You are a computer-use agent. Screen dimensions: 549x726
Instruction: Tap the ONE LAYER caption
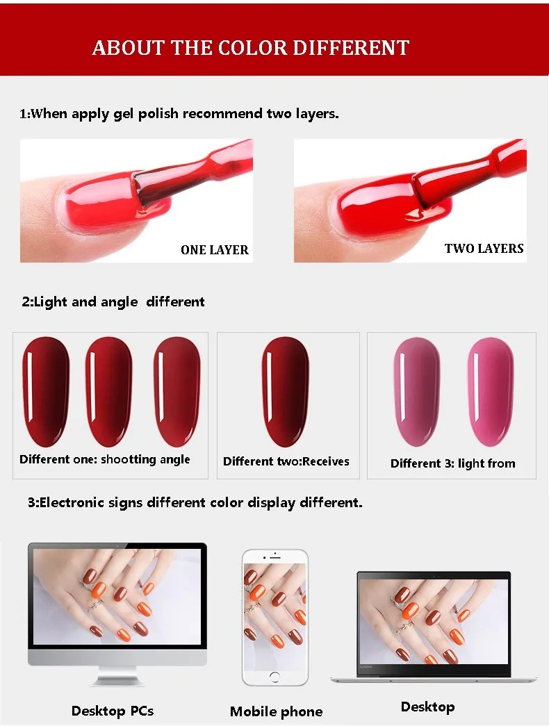tap(215, 250)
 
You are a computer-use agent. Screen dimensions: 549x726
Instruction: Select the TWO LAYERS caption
tap(484, 249)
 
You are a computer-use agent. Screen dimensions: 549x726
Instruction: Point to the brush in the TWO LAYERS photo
tap(468, 179)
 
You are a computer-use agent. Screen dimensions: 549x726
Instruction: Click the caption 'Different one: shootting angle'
tap(105, 459)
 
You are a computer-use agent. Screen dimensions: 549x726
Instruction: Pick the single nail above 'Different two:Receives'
tap(286, 392)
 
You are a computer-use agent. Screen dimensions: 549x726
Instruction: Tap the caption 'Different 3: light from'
tap(452, 463)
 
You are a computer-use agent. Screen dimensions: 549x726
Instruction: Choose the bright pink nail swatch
tap(490, 392)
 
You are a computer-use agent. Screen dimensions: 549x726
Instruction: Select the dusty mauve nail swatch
tap(417, 392)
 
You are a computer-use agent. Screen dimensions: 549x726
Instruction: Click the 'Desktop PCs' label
tap(113, 711)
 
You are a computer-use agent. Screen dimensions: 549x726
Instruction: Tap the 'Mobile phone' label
tap(276, 711)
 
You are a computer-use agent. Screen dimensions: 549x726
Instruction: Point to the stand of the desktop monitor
tap(117, 676)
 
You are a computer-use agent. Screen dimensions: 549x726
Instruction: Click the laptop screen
tap(434, 621)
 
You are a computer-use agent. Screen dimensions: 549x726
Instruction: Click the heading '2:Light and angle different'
tap(113, 302)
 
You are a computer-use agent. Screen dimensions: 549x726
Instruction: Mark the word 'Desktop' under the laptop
tap(427, 707)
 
